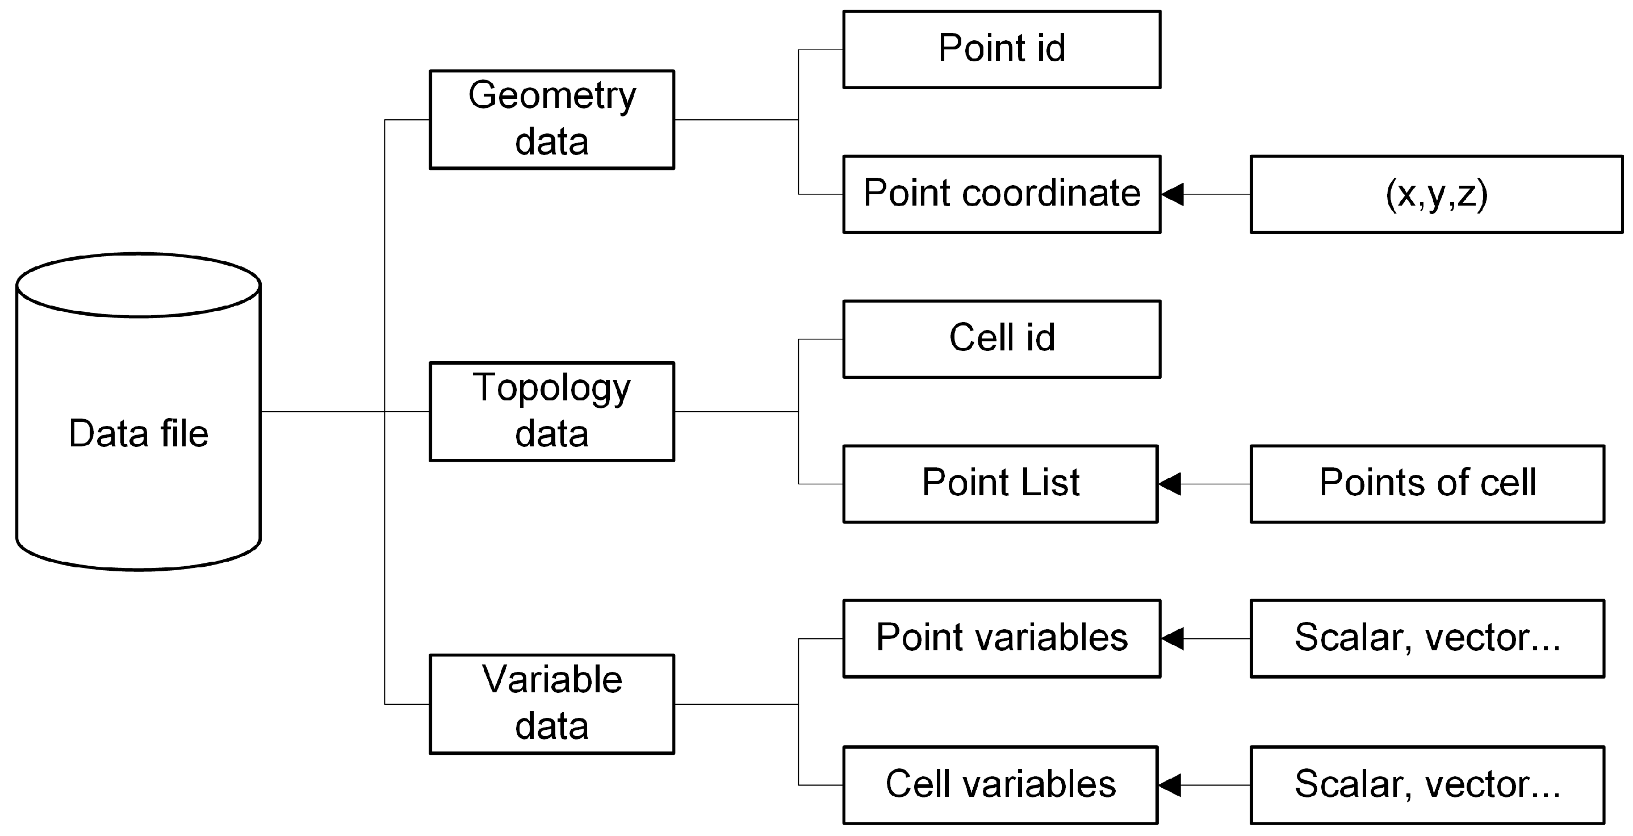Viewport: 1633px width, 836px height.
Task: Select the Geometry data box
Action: tap(551, 119)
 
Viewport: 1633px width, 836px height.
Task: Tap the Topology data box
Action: tap(551, 411)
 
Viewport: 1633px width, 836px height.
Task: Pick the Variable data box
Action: tap(551, 704)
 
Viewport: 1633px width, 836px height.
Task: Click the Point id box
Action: tap(1002, 49)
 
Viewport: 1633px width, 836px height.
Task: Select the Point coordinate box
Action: tap(1002, 194)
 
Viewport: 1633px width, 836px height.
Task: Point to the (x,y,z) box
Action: tap(1437, 194)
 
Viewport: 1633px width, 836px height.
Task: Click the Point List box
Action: tap(1000, 483)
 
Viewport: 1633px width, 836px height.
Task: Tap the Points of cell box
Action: tap(1427, 483)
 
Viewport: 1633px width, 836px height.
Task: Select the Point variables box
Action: tap(1002, 638)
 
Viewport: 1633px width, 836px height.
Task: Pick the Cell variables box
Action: tap(1000, 785)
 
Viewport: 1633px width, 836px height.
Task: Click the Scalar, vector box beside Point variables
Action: tap(1427, 638)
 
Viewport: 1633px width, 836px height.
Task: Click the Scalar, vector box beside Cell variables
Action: tap(1427, 785)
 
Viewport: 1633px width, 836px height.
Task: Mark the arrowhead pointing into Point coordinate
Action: tap(1174, 194)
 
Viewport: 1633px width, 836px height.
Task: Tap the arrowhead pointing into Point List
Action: tap(1170, 483)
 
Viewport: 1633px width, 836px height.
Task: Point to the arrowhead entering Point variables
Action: tap(1174, 638)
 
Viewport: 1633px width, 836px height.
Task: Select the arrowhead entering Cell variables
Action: tap(1170, 785)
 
